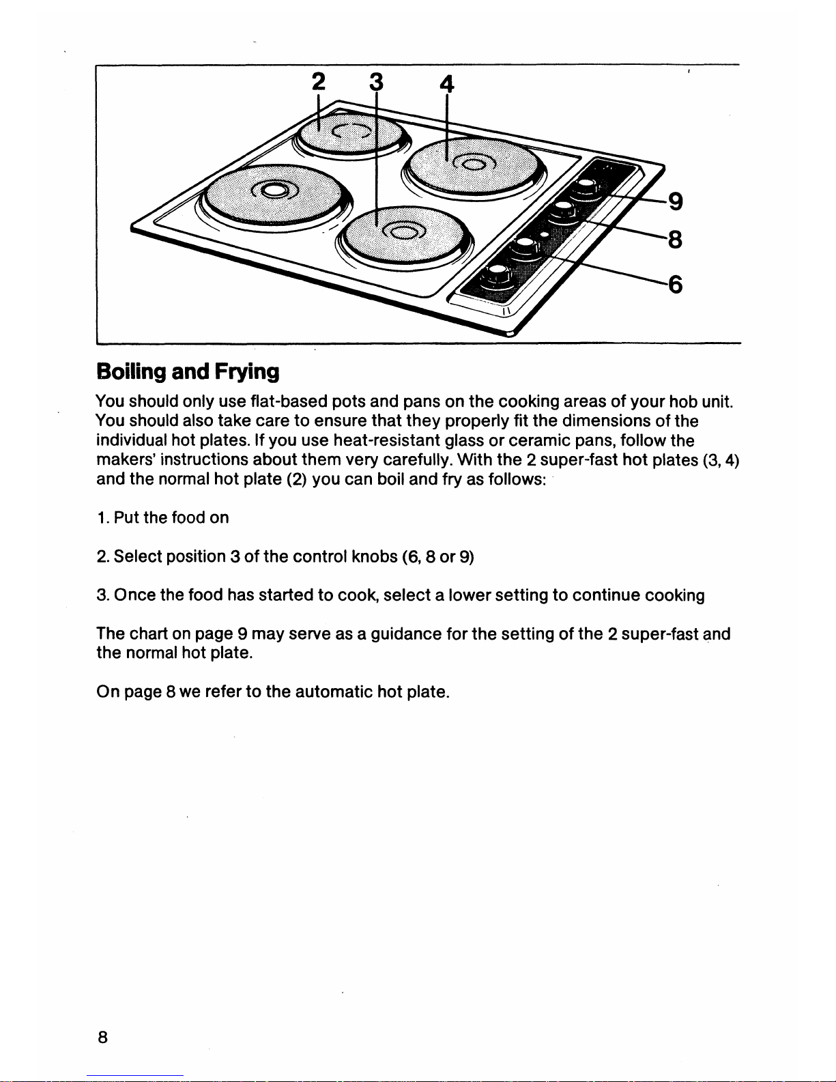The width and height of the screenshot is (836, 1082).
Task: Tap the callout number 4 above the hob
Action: (x=446, y=84)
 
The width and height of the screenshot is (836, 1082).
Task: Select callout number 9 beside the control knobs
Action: (x=676, y=201)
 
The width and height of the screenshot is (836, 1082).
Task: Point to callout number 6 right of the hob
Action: (x=676, y=284)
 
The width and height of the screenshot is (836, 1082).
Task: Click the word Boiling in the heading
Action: (x=130, y=372)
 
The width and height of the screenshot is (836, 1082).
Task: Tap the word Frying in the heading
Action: (x=246, y=372)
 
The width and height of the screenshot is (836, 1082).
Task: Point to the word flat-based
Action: (x=289, y=401)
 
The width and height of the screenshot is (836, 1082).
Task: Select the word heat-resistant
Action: (x=385, y=440)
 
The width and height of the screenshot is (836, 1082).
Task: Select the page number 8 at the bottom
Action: (x=102, y=1038)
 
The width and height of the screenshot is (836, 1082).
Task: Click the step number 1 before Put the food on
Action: (x=101, y=517)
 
